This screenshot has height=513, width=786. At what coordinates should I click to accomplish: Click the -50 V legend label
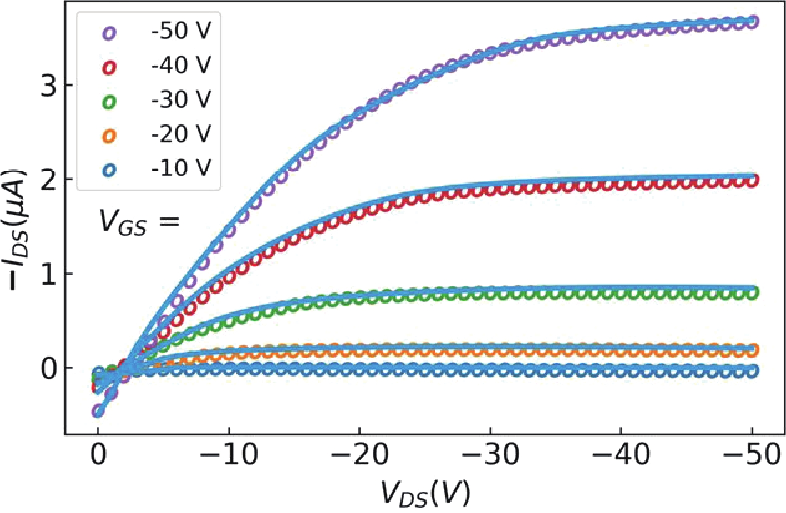point(181,31)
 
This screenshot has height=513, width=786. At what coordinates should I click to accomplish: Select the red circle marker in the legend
point(109,67)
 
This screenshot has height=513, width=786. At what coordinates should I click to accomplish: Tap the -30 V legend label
point(181,100)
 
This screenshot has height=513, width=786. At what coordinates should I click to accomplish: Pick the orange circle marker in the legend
point(109,136)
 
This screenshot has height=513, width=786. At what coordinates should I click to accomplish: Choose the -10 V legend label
point(181,168)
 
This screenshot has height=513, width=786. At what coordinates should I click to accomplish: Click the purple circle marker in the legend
point(109,33)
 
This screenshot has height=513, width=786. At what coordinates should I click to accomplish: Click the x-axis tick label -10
point(229,455)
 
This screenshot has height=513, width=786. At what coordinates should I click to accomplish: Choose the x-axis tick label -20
point(359,455)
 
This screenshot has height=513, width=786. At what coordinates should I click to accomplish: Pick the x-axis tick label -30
point(490,455)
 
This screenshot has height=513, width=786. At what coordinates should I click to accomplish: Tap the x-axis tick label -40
point(621,455)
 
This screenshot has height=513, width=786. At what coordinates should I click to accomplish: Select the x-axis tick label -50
point(752,455)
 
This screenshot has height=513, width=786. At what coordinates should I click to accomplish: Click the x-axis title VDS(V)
point(426,493)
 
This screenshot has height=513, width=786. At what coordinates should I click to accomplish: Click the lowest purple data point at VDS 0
point(98,411)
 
